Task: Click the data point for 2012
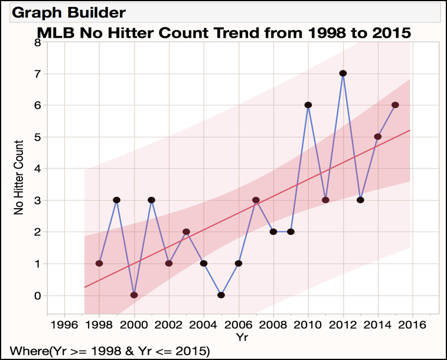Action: (342, 73)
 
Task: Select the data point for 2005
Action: (221, 295)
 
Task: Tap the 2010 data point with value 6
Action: (308, 105)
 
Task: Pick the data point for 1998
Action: (99, 263)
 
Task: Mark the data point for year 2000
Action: (134, 295)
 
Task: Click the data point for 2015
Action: (395, 105)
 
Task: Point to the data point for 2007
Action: (256, 200)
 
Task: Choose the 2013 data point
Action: (360, 200)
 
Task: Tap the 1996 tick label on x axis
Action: (64, 325)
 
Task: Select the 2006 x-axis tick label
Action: (238, 325)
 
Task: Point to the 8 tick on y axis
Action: (37, 43)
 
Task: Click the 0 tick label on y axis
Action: (37, 296)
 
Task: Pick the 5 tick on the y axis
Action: (37, 137)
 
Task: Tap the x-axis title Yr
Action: (238, 338)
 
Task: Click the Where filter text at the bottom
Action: (106, 351)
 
